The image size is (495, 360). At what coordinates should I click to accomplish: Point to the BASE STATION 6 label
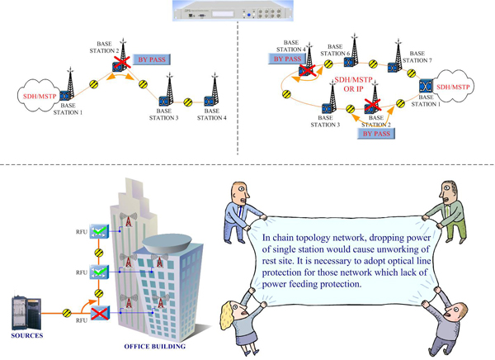[336, 50]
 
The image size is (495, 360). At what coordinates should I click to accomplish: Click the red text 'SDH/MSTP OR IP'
[354, 84]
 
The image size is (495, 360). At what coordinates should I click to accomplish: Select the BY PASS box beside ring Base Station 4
[288, 59]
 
